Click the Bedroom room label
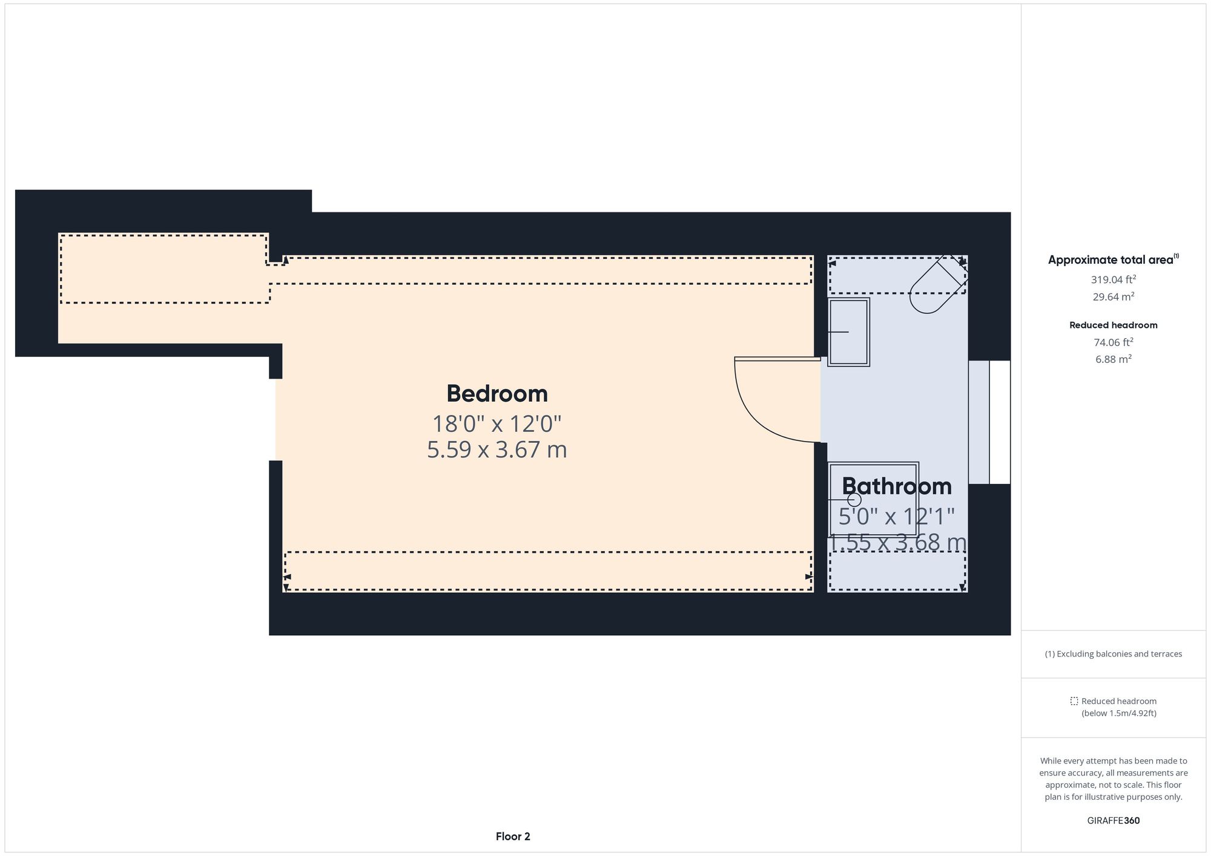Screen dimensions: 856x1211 click(497, 394)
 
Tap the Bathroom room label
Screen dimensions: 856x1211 click(896, 486)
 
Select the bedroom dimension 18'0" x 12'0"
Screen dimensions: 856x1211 click(497, 423)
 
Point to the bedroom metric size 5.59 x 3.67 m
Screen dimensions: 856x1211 click(497, 450)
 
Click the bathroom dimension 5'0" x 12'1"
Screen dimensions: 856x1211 click(896, 517)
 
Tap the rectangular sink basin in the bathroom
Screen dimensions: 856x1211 click(848, 332)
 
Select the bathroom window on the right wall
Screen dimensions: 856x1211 click(989, 422)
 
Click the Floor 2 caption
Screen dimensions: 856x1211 click(513, 837)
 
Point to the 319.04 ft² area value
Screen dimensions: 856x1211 click(1113, 279)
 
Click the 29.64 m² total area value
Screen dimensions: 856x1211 click(1113, 297)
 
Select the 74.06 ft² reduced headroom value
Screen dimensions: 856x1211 click(1113, 342)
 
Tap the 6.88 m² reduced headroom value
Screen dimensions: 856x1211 click(1113, 359)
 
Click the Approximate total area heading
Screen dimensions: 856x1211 click(1113, 260)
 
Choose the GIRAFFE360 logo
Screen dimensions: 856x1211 click(1113, 821)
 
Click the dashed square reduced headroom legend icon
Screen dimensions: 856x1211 click(1074, 701)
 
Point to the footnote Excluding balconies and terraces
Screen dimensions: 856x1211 click(1113, 654)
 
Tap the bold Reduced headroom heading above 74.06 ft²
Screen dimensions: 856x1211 click(1113, 325)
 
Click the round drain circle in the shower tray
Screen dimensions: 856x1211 click(854, 500)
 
